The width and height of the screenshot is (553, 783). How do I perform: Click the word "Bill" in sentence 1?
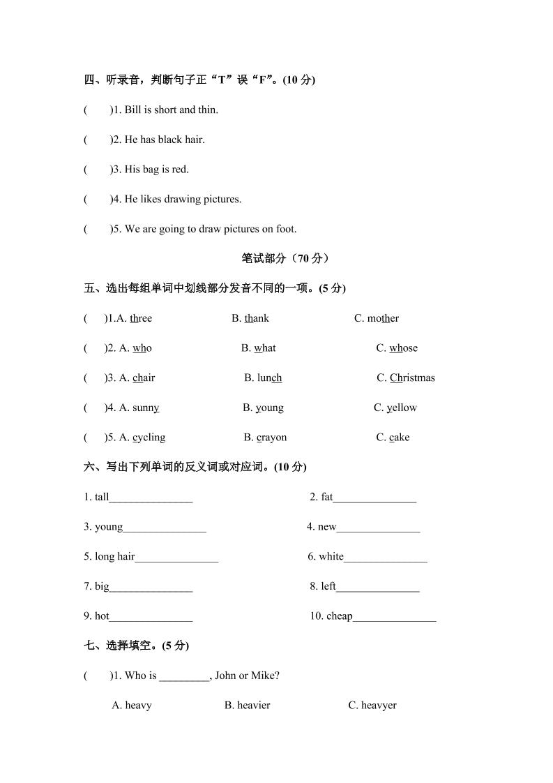(132, 110)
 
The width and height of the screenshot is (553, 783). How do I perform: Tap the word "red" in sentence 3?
(180, 169)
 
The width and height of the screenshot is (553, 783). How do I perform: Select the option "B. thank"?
(250, 318)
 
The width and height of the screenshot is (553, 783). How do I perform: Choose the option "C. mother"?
(377, 318)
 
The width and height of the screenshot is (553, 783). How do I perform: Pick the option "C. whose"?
(397, 348)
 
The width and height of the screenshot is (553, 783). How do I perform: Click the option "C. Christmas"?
(406, 378)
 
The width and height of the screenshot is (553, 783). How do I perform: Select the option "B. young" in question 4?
(263, 408)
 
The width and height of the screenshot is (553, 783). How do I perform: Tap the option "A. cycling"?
(142, 438)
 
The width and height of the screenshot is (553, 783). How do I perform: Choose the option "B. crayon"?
(265, 438)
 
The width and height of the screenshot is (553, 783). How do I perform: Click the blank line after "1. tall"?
(151, 499)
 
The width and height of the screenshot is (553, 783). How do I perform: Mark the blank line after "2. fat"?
(374, 499)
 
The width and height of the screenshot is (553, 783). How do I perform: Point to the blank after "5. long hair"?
(176, 558)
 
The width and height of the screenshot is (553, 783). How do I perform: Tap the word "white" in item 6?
(331, 556)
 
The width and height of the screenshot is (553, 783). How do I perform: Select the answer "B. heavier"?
(247, 705)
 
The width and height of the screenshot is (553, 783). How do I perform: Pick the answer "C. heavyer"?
(372, 705)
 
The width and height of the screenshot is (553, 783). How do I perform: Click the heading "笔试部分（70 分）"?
(286, 258)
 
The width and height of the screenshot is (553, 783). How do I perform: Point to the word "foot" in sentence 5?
(287, 229)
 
